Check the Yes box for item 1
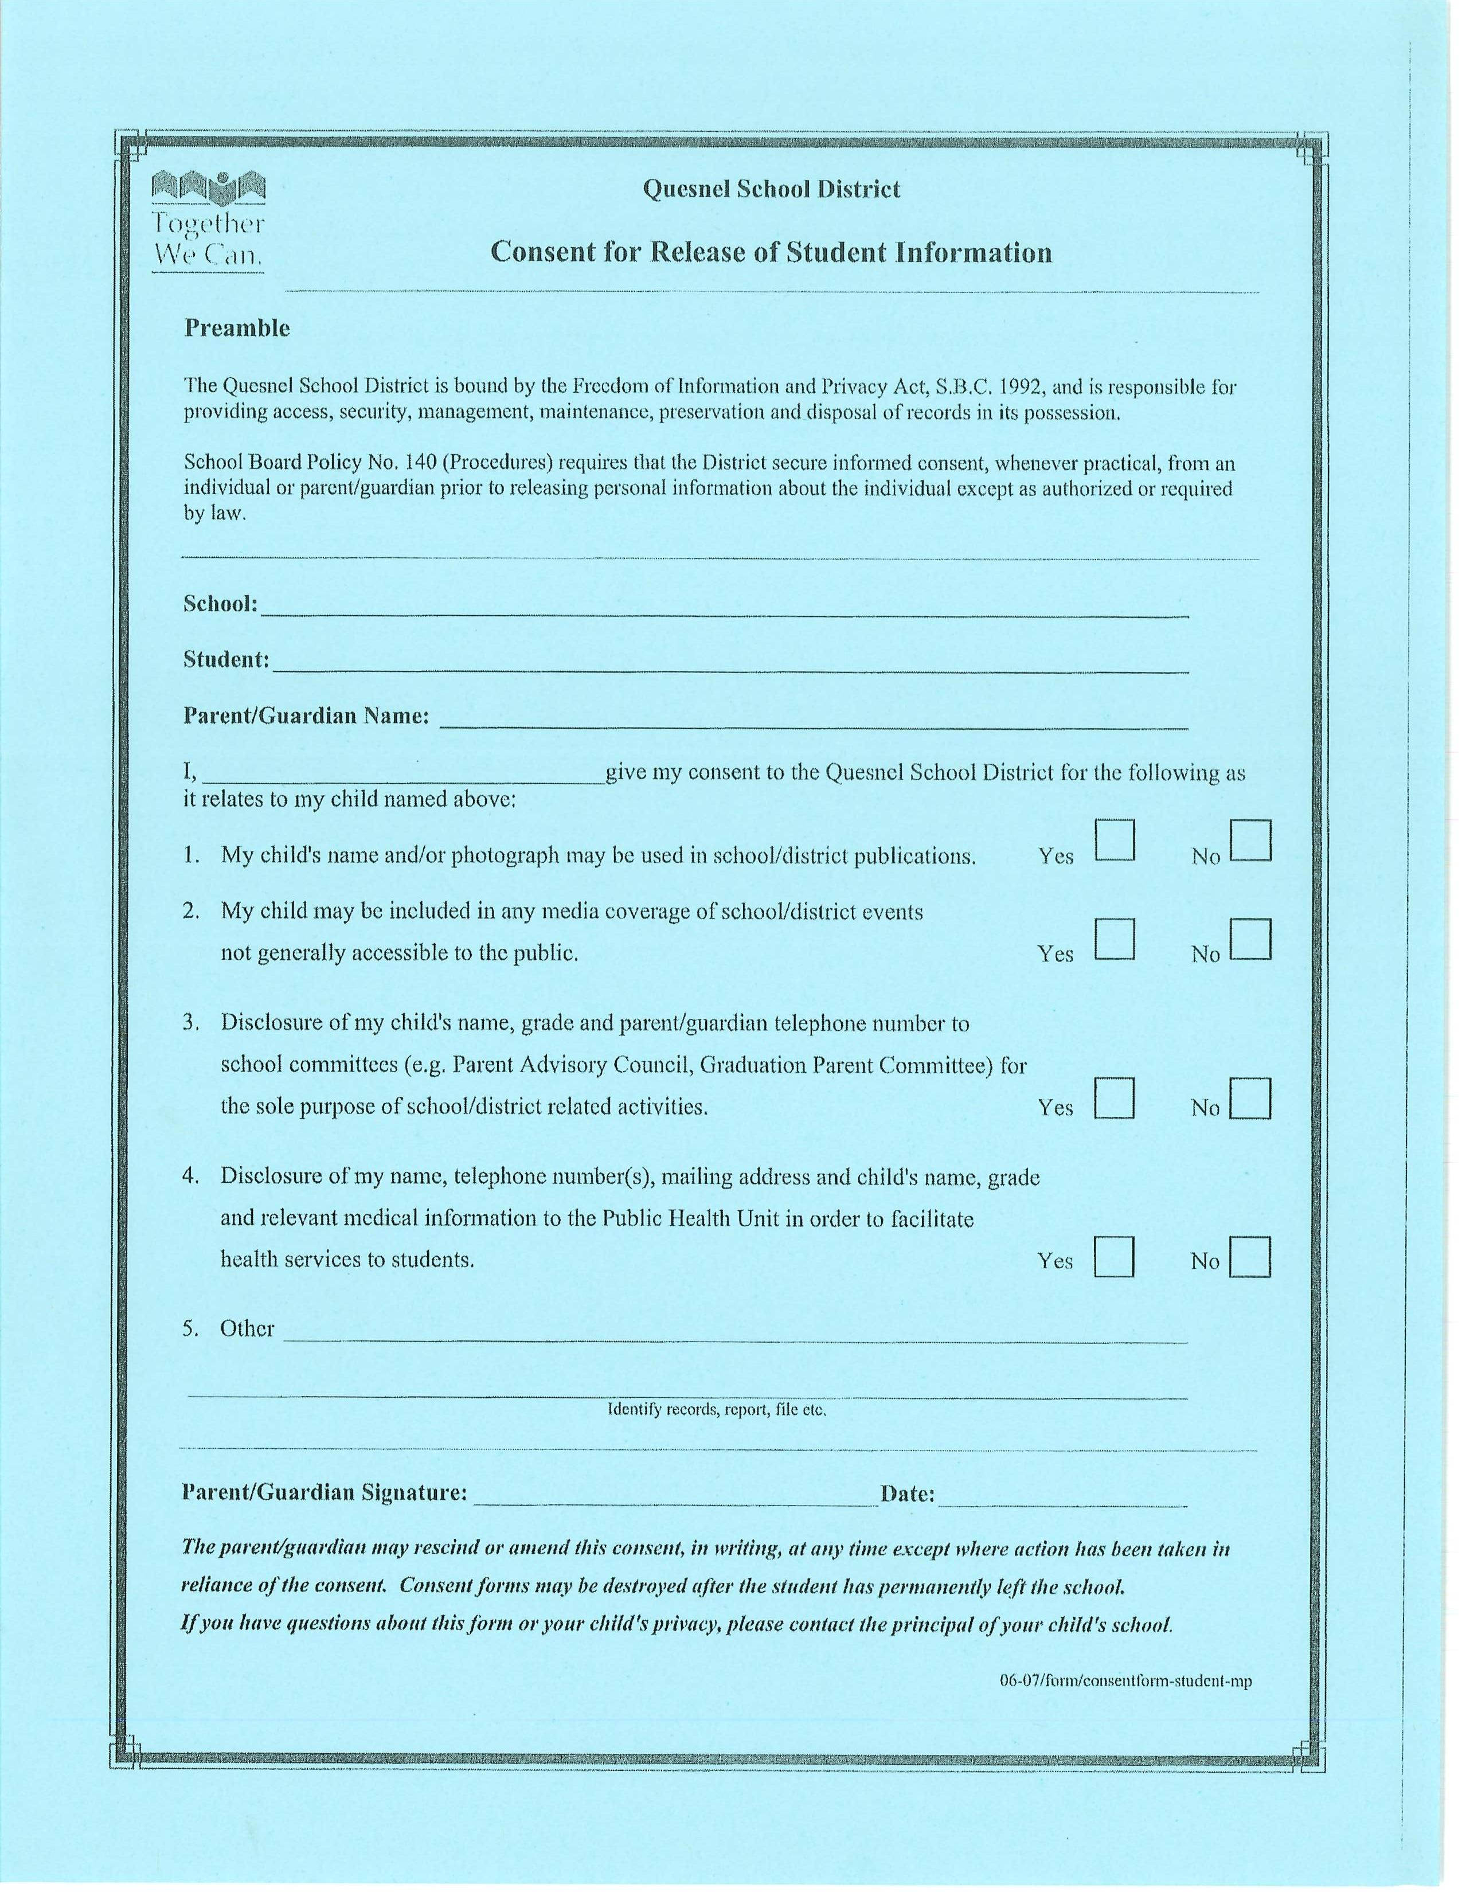1114,841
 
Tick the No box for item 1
1250,841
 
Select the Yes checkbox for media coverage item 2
1114,939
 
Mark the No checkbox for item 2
1250,939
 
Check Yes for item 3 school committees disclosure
1114,1097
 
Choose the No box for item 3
1250,1097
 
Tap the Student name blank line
729,664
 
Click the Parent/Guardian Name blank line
814,721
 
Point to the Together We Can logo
208,221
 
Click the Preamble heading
236,329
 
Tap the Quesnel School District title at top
771,189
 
